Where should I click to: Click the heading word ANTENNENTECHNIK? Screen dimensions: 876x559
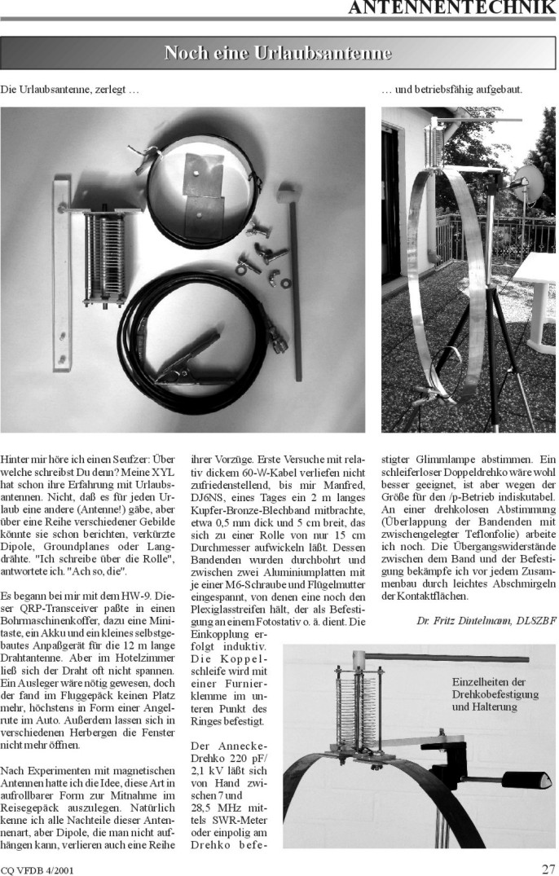[x=451, y=9]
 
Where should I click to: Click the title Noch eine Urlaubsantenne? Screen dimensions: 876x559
[x=278, y=53]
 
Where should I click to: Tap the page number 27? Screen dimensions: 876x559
[x=548, y=868]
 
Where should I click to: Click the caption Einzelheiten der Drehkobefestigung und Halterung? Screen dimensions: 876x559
[x=490, y=694]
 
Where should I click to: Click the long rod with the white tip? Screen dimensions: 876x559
[x=293, y=285]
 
